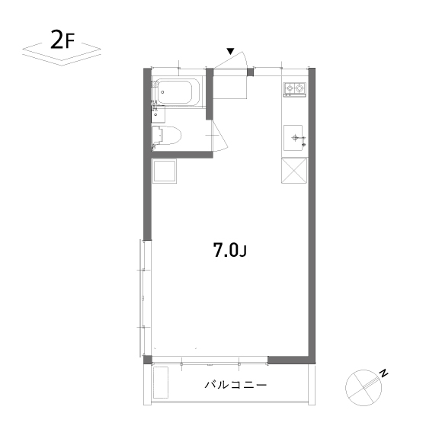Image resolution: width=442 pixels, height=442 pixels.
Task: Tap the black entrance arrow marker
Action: [229, 52]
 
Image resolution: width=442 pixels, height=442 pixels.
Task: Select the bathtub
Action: [176, 93]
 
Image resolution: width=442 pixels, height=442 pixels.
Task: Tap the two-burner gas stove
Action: [294, 90]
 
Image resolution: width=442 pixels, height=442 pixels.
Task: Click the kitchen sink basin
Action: [294, 139]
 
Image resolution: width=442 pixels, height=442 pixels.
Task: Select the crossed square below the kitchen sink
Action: [294, 171]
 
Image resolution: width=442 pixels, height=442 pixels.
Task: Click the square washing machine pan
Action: [165, 171]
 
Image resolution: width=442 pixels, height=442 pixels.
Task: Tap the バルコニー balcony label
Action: [235, 385]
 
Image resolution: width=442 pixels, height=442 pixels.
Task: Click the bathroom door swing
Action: [218, 136]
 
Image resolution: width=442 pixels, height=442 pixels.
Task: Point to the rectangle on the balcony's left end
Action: [161, 384]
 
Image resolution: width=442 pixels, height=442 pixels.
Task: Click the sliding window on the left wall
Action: [143, 297]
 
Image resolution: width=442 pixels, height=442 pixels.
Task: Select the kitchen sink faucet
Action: [303, 139]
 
